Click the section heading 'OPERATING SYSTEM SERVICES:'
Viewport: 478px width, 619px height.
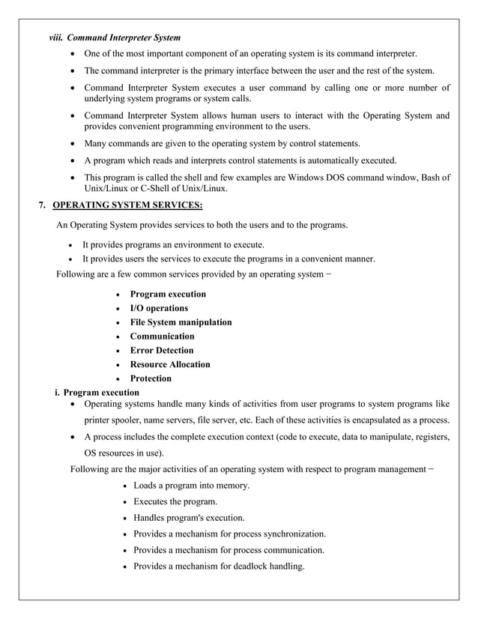coord(127,205)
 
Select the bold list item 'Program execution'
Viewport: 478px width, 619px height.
coord(168,294)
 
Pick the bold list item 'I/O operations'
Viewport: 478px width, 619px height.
coord(159,308)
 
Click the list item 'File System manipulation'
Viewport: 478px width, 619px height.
coord(181,322)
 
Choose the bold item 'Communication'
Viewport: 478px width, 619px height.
coord(162,336)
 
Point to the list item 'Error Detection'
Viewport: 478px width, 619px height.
coord(162,350)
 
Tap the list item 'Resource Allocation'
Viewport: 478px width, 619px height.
coord(170,364)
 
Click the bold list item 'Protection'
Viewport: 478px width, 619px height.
coord(151,378)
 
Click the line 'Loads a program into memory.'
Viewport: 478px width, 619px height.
coord(191,486)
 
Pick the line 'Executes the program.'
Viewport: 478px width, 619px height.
coord(175,501)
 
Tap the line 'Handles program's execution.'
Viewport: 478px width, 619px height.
coord(189,518)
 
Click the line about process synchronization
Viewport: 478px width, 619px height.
coord(229,534)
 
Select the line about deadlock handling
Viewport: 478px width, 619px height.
coord(219,566)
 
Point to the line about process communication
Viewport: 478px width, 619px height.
coord(229,549)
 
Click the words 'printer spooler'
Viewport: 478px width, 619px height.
coord(114,420)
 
